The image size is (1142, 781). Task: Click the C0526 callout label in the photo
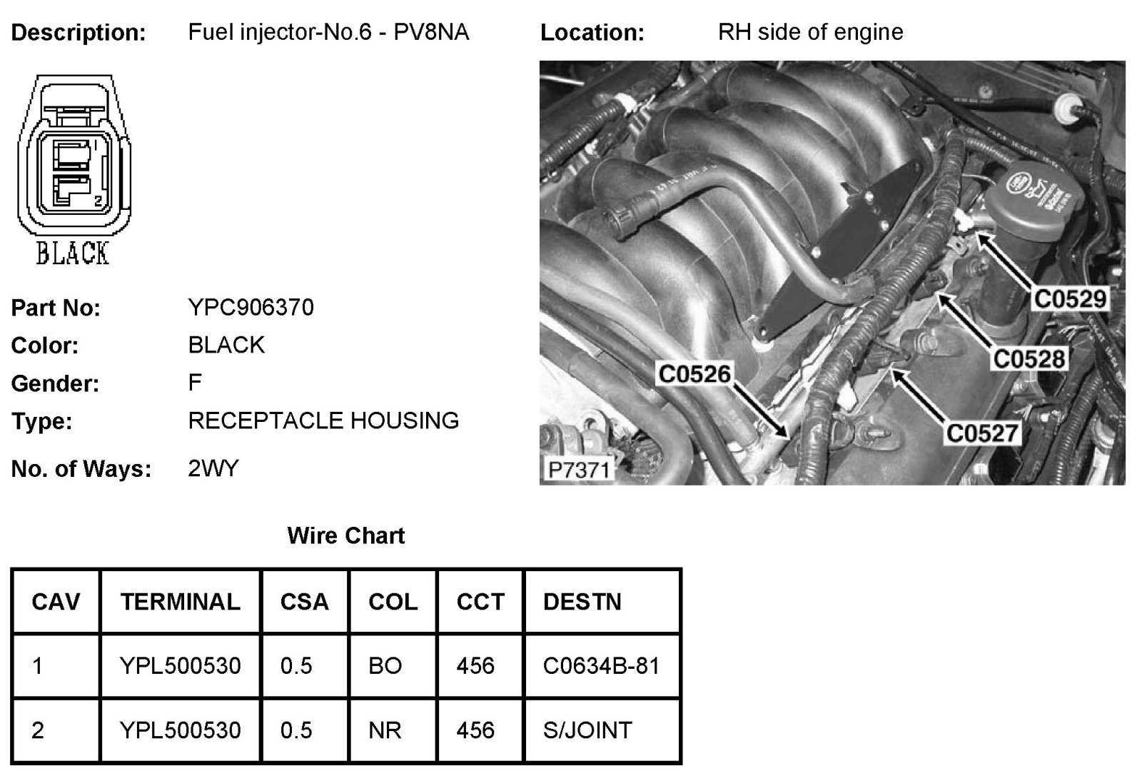click(694, 373)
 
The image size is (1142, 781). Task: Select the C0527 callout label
click(982, 433)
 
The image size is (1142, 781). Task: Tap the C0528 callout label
click(1029, 358)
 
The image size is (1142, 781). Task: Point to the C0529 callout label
click(1070, 298)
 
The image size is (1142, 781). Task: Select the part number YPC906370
click(251, 308)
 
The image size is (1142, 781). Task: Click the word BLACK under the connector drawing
click(72, 253)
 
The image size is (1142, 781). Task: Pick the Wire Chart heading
click(345, 535)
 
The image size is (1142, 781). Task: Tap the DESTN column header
click(582, 602)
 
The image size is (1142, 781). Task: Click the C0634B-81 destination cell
click(601, 666)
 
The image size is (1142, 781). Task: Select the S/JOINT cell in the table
click(587, 730)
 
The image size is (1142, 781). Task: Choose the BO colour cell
click(385, 666)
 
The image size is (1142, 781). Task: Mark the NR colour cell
click(385, 730)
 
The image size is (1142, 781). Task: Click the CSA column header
click(304, 602)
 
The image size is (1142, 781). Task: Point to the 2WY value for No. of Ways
click(213, 469)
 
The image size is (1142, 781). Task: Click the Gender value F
click(195, 383)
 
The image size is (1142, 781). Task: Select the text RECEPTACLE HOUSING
click(323, 420)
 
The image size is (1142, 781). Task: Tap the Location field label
click(592, 33)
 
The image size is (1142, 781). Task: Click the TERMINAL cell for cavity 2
click(180, 730)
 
